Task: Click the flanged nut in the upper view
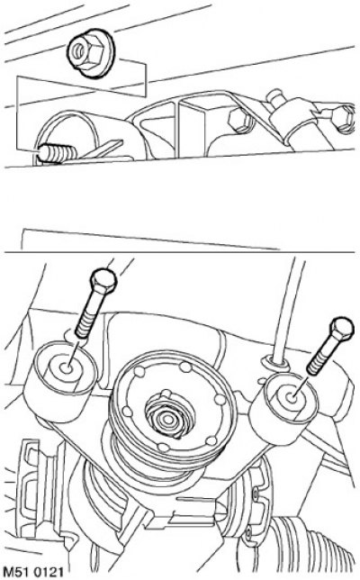pyautogui.click(x=91, y=54)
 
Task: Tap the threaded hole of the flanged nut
pyautogui.click(x=78, y=50)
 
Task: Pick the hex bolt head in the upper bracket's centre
pyautogui.click(x=238, y=120)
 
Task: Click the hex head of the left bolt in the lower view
pyautogui.click(x=103, y=282)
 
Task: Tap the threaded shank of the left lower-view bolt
pyautogui.click(x=87, y=317)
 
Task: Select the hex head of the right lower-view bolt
pyautogui.click(x=342, y=330)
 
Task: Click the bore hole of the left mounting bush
pyautogui.click(x=67, y=368)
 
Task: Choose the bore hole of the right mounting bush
pyautogui.click(x=292, y=398)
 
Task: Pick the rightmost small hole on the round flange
pyautogui.click(x=220, y=400)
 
